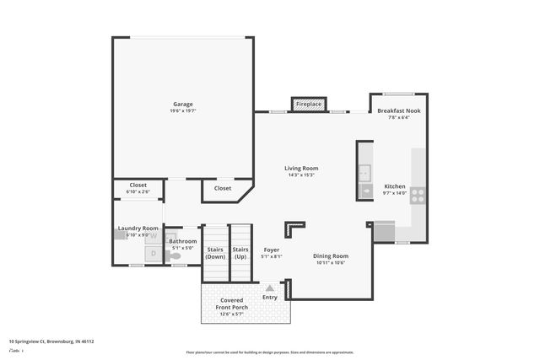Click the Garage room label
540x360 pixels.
183,104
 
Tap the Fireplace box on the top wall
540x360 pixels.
309,105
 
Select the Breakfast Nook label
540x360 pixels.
399,111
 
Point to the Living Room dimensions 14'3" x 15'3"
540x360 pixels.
301,175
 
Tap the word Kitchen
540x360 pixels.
395,186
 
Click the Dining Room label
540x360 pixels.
331,255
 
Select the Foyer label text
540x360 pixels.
271,250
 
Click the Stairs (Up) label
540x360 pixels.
240,253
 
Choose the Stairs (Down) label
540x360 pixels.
215,253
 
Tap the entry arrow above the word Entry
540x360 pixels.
269,287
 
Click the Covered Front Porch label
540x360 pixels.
232,304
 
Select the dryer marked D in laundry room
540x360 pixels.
153,252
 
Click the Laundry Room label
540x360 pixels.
138,228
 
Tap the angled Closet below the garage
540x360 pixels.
223,188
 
